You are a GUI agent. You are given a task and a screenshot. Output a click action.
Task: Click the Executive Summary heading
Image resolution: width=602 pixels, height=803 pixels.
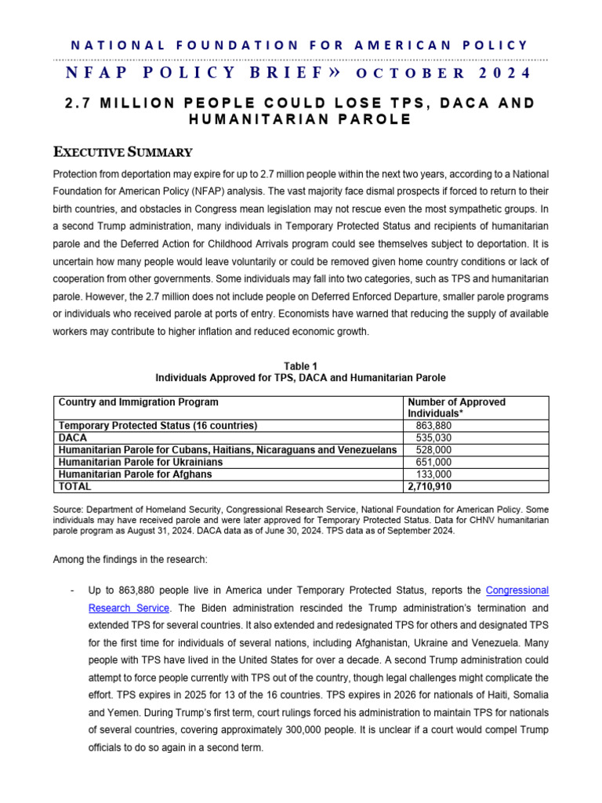122,151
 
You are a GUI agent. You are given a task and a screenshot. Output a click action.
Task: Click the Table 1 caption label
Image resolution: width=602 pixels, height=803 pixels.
301,365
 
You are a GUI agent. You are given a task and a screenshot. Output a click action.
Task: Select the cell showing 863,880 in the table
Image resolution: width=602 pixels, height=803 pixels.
432,425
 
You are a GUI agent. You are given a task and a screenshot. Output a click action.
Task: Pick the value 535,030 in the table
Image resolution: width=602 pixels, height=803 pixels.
432,438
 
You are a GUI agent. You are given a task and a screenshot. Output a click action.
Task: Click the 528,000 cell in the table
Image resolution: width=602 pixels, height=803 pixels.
432,450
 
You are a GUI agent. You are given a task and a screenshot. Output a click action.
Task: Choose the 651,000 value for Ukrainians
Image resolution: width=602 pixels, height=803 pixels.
432,463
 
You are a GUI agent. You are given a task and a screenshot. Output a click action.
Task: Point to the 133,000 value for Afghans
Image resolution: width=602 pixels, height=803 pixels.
432,474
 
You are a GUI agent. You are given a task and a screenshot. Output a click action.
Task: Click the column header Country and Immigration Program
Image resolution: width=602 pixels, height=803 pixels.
139,402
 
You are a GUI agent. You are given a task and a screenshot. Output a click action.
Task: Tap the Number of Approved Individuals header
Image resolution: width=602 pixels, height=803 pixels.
456,408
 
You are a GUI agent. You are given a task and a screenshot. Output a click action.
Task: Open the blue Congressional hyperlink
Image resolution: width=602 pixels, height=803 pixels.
517,590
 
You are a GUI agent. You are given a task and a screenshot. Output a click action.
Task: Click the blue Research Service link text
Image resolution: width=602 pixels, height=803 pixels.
129,607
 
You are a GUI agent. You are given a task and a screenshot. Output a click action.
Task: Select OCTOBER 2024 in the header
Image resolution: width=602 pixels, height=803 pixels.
443,74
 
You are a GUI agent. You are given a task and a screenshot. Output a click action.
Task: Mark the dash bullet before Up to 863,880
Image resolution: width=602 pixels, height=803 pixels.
72,590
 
